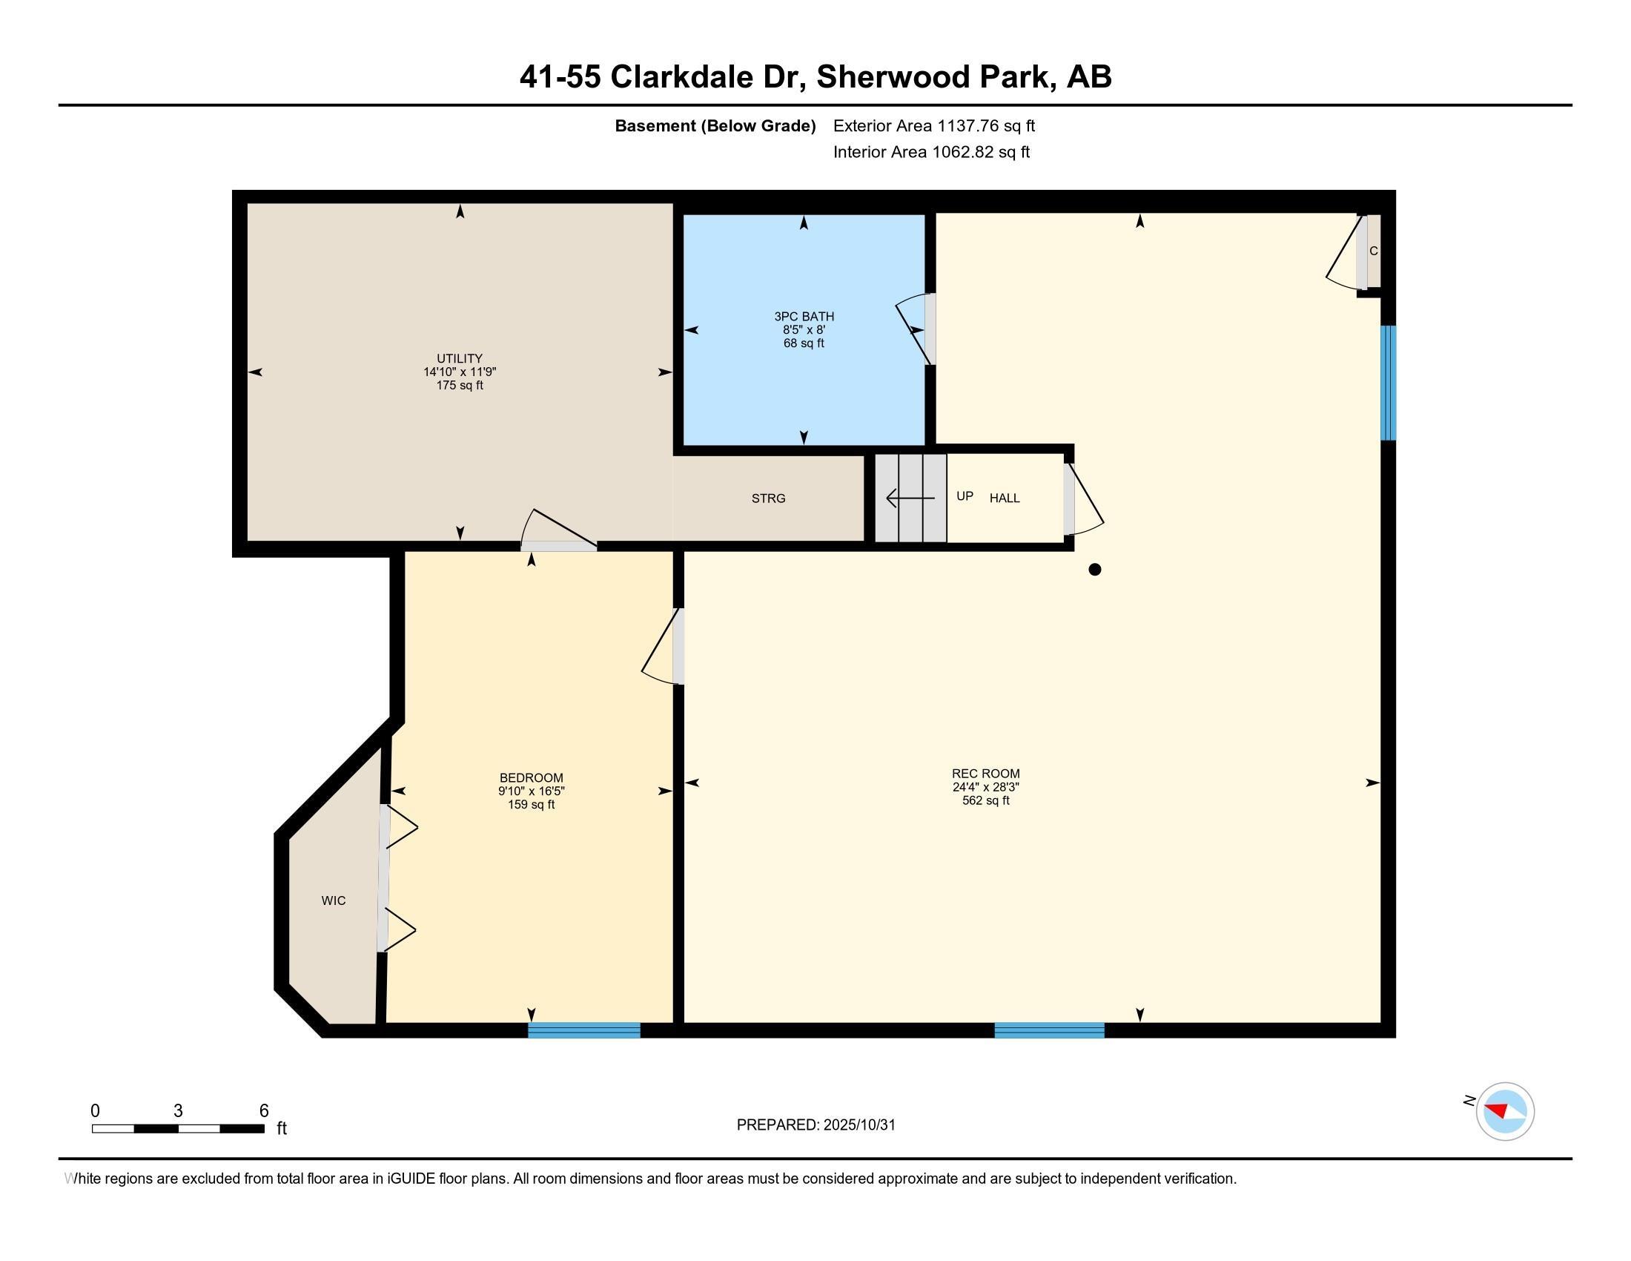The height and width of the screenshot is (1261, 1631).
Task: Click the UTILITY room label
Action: (460, 358)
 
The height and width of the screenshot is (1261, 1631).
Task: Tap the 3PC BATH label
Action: (804, 316)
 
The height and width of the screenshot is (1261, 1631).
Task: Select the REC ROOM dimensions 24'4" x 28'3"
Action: (985, 786)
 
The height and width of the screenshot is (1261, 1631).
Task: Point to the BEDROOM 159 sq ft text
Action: (531, 805)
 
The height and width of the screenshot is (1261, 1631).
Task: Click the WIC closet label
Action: (333, 901)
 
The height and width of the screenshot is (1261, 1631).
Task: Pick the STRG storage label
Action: (768, 498)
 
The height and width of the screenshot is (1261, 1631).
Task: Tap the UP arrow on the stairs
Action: (910, 498)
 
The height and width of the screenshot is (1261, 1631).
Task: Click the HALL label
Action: (1005, 498)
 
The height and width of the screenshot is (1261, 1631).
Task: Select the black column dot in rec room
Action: (1094, 569)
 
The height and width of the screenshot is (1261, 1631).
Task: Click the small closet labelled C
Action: (1372, 251)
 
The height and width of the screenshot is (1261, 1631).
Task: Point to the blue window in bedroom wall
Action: (583, 1030)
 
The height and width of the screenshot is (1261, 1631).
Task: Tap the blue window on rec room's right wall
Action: (1388, 383)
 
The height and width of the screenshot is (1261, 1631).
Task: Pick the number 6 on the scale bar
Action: (264, 1110)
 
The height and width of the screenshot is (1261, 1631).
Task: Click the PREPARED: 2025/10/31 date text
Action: (815, 1125)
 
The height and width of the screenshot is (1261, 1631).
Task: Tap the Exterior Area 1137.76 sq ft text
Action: (933, 125)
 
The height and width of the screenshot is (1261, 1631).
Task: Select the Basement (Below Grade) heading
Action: (715, 125)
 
